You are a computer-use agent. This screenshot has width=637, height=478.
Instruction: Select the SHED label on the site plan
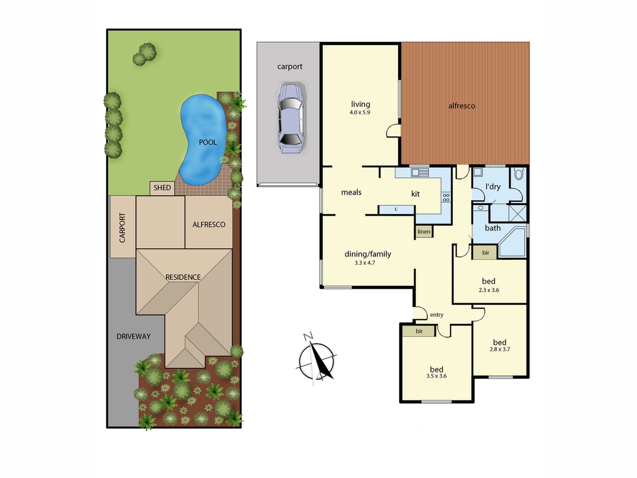point(162,188)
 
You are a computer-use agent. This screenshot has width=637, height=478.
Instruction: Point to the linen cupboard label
point(424,232)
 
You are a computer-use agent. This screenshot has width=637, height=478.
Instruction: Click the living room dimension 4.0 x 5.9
point(360,112)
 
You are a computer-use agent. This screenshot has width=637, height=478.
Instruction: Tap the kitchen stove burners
point(446,198)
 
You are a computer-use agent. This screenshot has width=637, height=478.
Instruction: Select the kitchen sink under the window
point(420,173)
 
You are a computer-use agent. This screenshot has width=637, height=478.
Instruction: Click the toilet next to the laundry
point(519,174)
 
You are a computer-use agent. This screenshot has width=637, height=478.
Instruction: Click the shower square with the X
point(518,213)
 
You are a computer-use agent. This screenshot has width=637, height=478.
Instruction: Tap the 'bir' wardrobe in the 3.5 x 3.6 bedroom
point(419,331)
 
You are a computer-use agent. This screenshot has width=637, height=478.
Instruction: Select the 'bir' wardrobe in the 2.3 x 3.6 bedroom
point(484,252)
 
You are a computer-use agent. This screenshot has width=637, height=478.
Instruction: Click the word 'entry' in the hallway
point(437,315)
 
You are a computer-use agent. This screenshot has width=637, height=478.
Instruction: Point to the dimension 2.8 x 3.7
point(500,349)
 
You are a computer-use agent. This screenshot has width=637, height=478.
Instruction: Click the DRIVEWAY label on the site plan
point(133,337)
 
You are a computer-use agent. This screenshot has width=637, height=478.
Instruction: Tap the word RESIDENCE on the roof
point(183,277)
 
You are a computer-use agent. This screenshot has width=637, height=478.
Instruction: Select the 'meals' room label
point(351,192)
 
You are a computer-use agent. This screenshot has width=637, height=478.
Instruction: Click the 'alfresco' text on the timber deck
point(462,106)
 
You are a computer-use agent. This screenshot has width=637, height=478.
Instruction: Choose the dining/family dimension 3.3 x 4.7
point(365,263)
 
